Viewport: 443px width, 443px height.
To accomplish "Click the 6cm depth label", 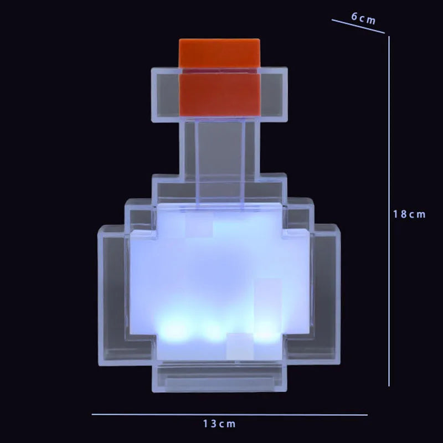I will point(363,18).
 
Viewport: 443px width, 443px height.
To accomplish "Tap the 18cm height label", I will point(409,214).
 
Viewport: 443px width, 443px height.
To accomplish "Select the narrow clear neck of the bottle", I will point(221,150).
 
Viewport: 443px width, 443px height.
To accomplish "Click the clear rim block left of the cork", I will point(164,94).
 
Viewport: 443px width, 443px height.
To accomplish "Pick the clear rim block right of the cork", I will point(274,94).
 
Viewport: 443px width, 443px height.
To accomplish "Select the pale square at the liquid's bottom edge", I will point(239,343).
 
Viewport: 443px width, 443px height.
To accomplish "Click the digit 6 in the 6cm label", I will point(354,16).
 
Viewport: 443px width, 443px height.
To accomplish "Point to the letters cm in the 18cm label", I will point(416,214).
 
